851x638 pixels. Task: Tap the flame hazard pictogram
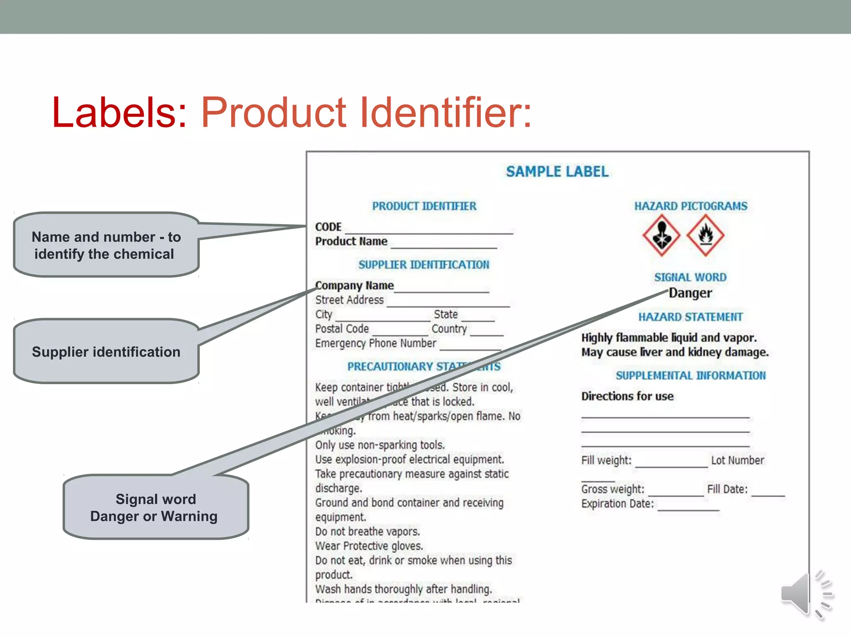coord(705,235)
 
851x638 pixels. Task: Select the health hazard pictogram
coord(661,235)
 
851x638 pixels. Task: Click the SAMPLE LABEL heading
coord(557,172)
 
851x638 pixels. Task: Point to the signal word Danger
coord(691,293)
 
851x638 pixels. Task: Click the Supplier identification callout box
coord(106,351)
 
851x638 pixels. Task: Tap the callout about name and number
coord(106,245)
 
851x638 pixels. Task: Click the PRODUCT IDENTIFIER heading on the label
coord(424,206)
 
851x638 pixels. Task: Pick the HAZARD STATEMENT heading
coord(690,317)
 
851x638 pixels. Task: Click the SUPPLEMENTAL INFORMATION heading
coord(690,375)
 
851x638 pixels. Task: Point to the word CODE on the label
coord(328,227)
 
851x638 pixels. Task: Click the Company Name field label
coord(354,285)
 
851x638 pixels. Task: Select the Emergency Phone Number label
coord(376,343)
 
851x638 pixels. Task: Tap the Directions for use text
coord(627,396)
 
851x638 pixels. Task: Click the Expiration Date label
coord(617,503)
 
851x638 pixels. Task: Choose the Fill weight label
coord(606,460)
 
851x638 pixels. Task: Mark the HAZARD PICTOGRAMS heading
coord(690,206)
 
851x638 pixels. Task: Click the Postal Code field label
coord(342,329)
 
